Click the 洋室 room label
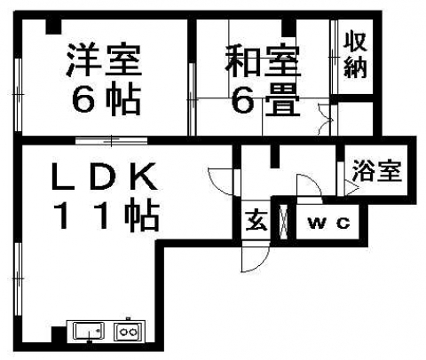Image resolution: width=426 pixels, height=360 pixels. tap(104, 60)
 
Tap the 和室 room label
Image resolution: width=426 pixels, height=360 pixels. tap(262, 61)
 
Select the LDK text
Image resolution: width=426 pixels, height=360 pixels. tap(104, 176)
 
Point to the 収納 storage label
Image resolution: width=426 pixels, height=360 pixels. tap(355, 55)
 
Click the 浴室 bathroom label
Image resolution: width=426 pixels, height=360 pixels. tap(377, 170)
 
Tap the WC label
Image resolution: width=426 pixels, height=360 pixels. tap(329, 223)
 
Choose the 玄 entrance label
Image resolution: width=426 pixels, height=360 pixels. tap(256, 221)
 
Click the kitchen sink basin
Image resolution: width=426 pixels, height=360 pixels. tap(89, 331)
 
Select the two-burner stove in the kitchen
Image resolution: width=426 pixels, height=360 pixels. tap(129, 332)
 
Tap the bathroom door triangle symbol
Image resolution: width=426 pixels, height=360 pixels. tap(351, 188)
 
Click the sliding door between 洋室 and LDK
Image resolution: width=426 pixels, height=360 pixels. tap(111, 140)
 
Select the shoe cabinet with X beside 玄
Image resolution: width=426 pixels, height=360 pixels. tap(284, 222)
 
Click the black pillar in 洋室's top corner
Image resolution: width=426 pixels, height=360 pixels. tap(53, 27)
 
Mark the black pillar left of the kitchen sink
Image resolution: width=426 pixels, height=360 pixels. tap(59, 335)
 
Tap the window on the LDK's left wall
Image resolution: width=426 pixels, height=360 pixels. tap(18, 278)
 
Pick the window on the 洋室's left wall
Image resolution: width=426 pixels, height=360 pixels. tap(18, 95)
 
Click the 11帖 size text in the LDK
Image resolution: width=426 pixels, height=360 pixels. tap(106, 215)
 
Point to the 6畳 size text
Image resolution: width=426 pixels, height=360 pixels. tap(265, 99)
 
